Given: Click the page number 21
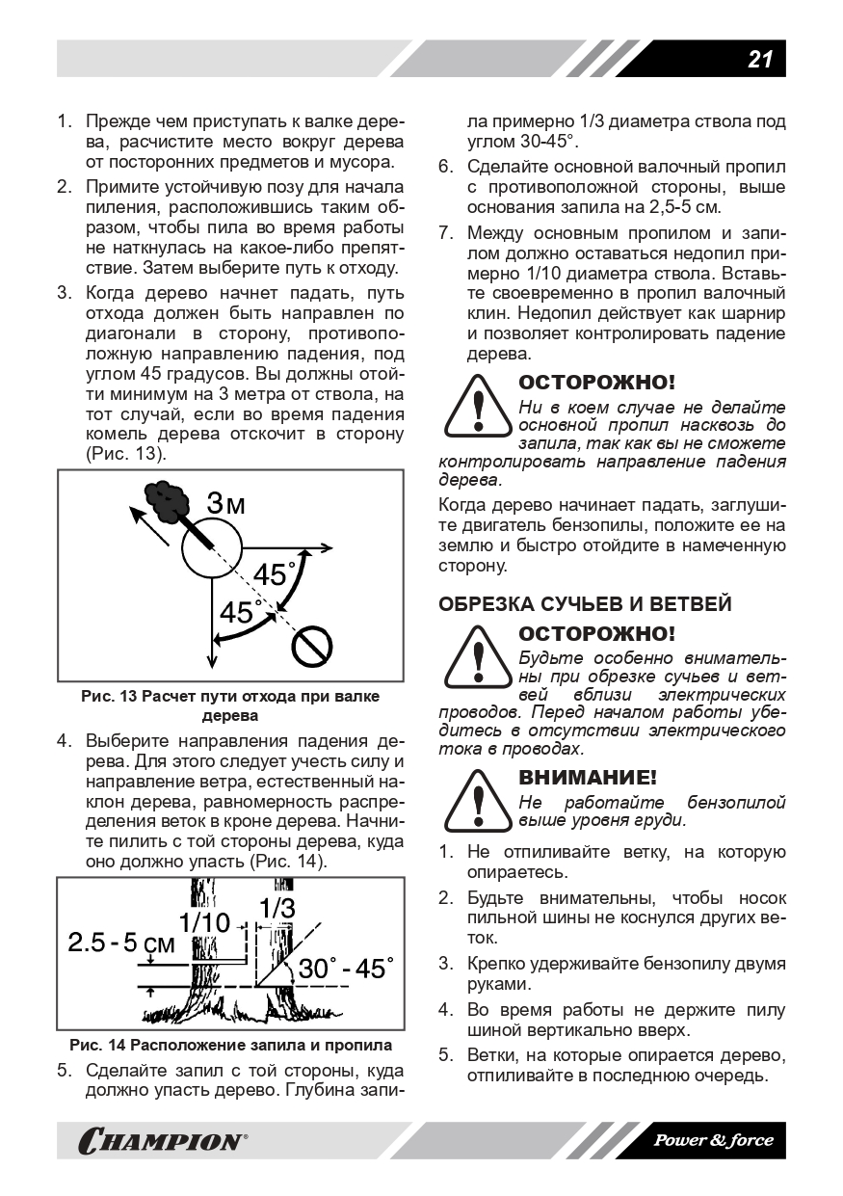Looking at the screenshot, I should [x=759, y=59].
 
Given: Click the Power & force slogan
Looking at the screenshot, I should [x=713, y=1140].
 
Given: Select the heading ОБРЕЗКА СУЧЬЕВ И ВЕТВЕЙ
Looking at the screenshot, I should [x=585, y=604].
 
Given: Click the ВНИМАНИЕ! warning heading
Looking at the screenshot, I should [x=588, y=777].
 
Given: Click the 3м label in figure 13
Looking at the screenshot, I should [x=227, y=503].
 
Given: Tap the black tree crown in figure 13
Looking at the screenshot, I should [x=166, y=499].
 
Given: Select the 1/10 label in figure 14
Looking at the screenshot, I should [x=204, y=922].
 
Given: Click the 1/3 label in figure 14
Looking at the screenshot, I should [x=277, y=908].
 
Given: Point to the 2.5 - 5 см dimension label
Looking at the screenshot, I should [x=121, y=944].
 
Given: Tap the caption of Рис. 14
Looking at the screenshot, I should [x=230, y=1045].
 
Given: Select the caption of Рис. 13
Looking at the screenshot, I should [x=230, y=705].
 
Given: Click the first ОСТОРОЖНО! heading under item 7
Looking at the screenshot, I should [x=597, y=383].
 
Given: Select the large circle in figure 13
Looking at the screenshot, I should [x=211, y=548].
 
